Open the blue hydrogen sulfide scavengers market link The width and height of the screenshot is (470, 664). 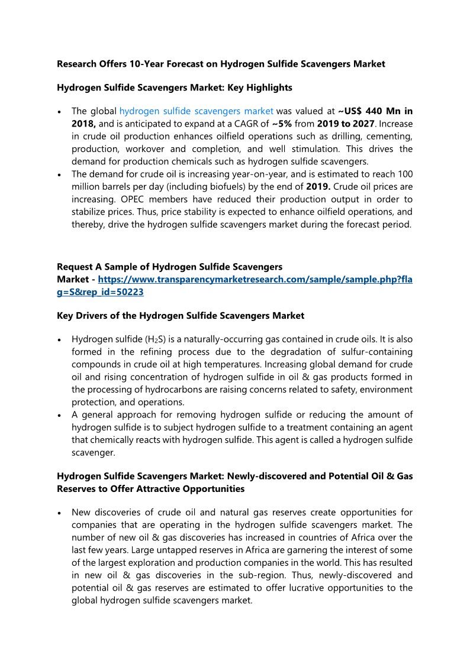click(196, 111)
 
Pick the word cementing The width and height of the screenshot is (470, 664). click(387, 136)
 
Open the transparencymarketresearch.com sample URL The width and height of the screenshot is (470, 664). click(255, 279)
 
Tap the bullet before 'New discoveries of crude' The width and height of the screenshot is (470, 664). click(60, 513)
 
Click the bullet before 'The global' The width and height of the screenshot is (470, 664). click(60, 111)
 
